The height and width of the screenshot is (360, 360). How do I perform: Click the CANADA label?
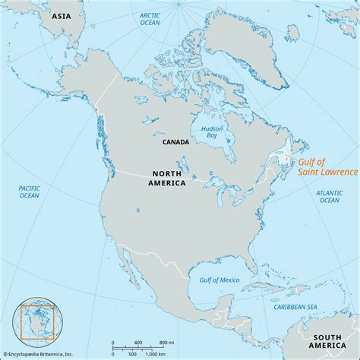click(175, 142)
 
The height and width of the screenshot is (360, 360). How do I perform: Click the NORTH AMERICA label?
click(167, 178)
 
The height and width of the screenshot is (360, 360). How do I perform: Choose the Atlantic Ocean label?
click(329, 195)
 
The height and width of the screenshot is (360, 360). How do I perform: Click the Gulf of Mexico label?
click(219, 280)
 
